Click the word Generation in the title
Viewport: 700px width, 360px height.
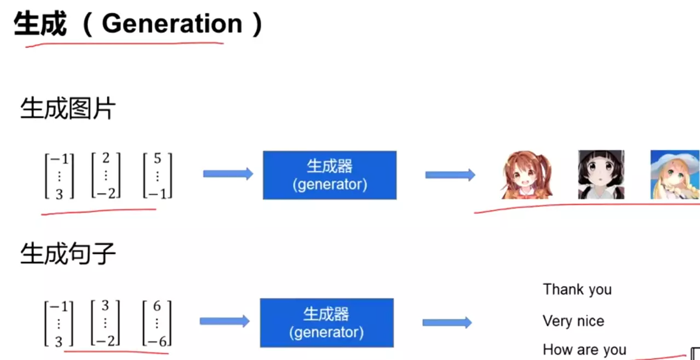[172, 24]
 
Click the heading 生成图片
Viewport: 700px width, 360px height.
[68, 108]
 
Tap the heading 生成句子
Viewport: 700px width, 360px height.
[68, 254]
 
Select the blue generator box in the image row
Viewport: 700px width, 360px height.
[329, 175]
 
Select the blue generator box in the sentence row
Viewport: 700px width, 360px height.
[326, 322]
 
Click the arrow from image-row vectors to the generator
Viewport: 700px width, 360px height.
[228, 174]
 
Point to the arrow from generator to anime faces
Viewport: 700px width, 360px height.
[450, 175]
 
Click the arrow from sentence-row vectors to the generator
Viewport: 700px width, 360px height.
[225, 321]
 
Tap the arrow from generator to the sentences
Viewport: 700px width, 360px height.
[446, 322]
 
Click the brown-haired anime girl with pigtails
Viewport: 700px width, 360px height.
[526, 175]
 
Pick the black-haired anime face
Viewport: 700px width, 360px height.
[601, 174]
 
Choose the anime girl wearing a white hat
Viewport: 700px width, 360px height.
[675, 174]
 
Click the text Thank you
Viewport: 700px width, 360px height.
[577, 289]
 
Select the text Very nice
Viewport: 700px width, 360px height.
[573, 321]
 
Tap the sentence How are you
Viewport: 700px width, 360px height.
[584, 350]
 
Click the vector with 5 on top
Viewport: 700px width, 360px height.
[157, 176]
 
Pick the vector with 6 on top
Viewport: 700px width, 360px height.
[157, 323]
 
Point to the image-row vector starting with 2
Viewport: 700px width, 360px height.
[106, 176]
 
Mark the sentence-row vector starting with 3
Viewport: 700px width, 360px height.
[105, 323]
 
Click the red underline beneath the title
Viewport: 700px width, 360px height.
[124, 44]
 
